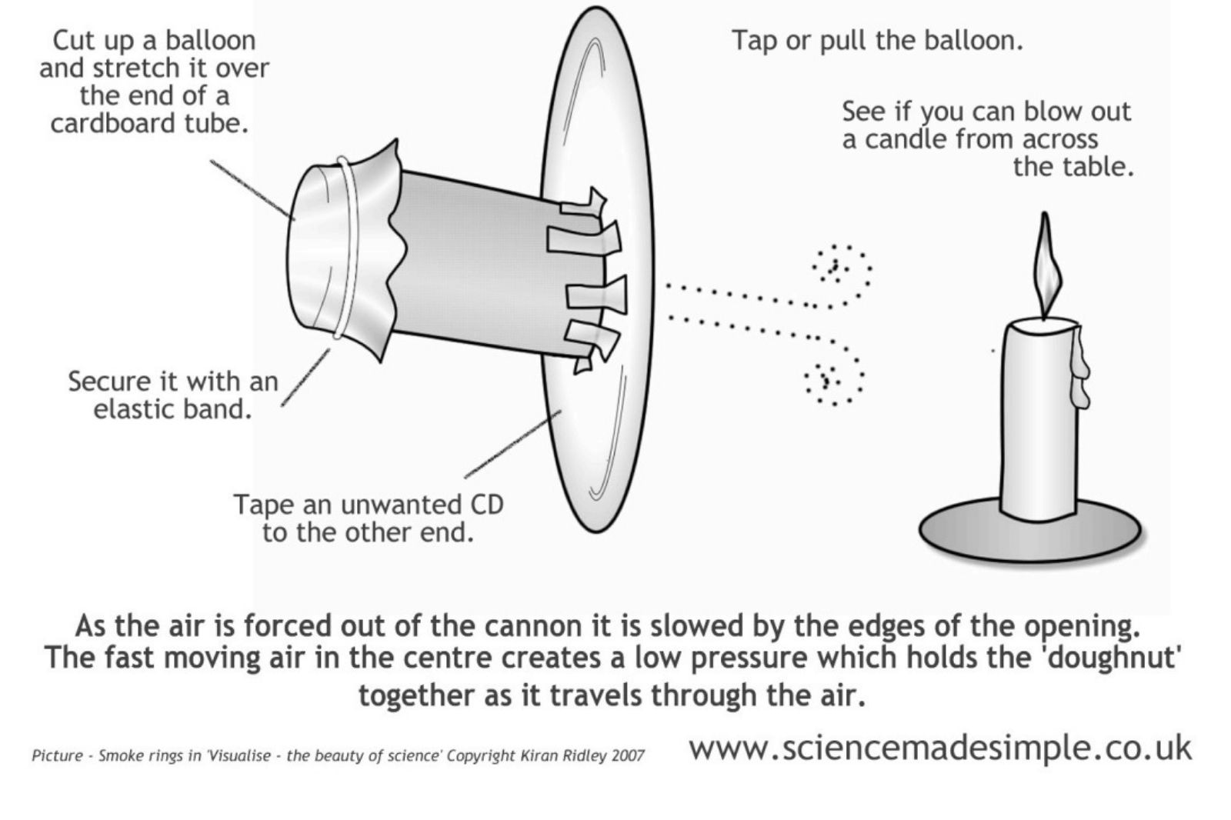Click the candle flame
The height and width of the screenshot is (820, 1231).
pos(1044,265)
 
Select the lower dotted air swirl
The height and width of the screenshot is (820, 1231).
pos(832,379)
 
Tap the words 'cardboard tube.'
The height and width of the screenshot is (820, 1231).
pos(150,124)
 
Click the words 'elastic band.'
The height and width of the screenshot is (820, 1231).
pos(173,408)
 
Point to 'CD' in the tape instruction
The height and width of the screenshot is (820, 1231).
pos(485,505)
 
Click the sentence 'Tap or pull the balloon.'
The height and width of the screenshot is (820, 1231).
pos(877,40)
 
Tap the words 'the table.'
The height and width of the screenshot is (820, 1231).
pos(1073,167)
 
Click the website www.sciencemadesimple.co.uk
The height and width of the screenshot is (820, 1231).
pos(939,747)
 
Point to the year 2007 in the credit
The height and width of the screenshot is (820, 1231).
pos(628,755)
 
